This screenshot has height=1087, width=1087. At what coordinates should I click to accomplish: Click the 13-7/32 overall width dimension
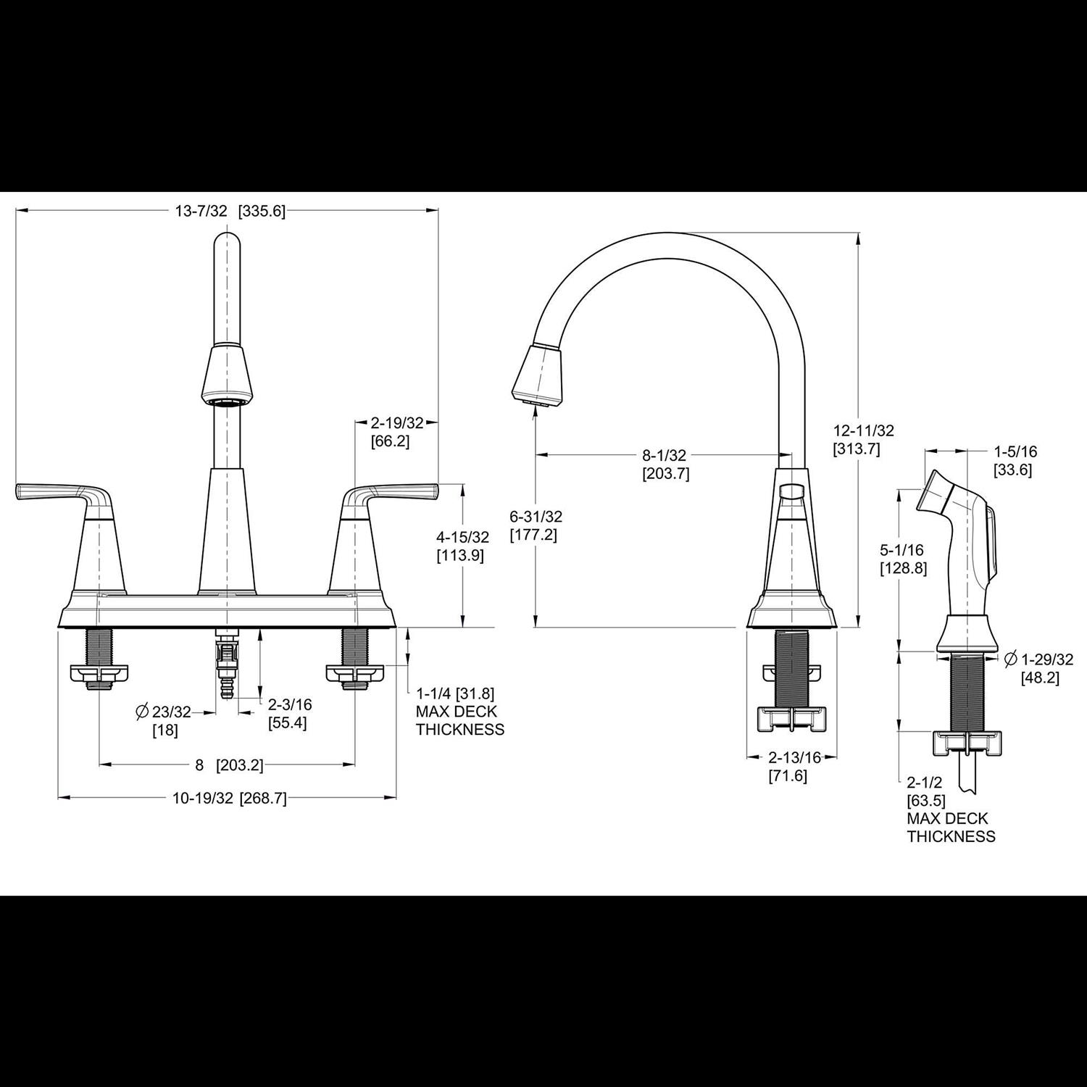[201, 211]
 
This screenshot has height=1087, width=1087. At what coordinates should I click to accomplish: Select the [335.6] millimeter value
[262, 211]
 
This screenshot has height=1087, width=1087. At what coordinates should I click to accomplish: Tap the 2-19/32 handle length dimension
[396, 422]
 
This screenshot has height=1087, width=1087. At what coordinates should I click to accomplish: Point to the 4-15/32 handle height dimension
[462, 537]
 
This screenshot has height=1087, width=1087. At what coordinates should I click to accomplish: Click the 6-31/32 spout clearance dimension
[536, 517]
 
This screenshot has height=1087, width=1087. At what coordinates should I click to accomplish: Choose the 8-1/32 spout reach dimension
[664, 456]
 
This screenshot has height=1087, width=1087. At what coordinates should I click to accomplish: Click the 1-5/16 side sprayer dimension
[1015, 451]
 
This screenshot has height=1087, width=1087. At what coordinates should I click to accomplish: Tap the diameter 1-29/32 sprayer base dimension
[1046, 659]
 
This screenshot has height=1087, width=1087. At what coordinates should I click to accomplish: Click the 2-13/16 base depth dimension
[794, 757]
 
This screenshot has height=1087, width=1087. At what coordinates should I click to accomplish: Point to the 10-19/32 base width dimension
[203, 798]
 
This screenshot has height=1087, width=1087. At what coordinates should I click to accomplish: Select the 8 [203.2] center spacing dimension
[228, 765]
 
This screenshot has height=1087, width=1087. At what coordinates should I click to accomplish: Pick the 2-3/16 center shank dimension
[290, 704]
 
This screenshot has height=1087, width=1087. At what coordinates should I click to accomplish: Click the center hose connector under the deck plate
[228, 663]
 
